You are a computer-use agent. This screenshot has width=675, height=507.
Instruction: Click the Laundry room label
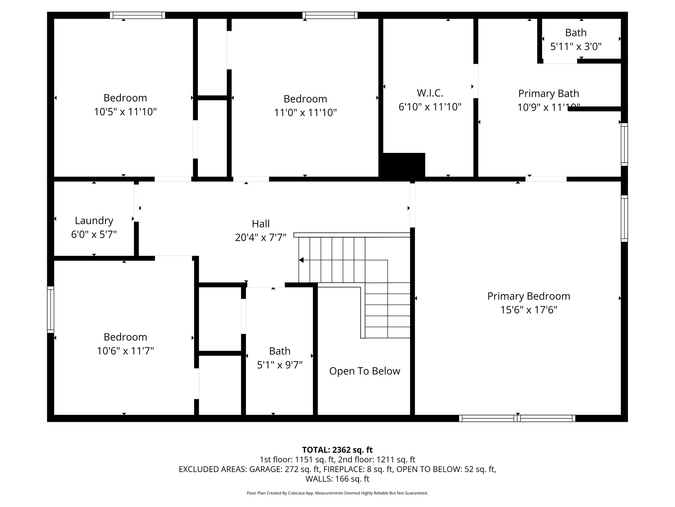tap(94, 220)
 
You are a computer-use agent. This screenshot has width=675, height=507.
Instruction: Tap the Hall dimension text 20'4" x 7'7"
tap(260, 238)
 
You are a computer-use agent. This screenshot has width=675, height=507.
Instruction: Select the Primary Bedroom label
tap(529, 296)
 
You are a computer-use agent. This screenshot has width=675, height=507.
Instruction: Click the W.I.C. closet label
tap(430, 93)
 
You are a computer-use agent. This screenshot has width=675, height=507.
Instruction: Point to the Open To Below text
tap(365, 371)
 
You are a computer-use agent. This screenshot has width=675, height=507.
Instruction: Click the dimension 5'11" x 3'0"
tap(576, 47)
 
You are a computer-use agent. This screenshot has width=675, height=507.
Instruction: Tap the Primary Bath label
tap(548, 93)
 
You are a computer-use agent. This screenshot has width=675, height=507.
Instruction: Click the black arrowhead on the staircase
tap(301, 260)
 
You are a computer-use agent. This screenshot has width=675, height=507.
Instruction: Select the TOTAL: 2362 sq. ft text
tap(337, 450)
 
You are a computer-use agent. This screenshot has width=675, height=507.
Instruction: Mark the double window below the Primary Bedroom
tap(517, 418)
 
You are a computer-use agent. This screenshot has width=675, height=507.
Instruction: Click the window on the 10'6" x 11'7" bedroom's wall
tap(50, 309)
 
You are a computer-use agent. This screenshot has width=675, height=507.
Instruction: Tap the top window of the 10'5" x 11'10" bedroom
tap(137, 15)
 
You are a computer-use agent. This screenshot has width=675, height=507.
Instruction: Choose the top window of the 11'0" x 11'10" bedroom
tap(330, 15)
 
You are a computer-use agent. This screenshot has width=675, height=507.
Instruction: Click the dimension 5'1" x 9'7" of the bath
tap(279, 365)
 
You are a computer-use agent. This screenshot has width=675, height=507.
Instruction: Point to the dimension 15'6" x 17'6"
tap(529, 310)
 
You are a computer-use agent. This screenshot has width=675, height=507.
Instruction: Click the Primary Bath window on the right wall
tap(624, 144)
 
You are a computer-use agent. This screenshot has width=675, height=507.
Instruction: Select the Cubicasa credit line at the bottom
tap(337, 493)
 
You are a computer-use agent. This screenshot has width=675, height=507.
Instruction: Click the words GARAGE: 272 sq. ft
tap(284, 469)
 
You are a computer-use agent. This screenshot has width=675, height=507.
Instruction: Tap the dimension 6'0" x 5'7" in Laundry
tap(94, 235)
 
